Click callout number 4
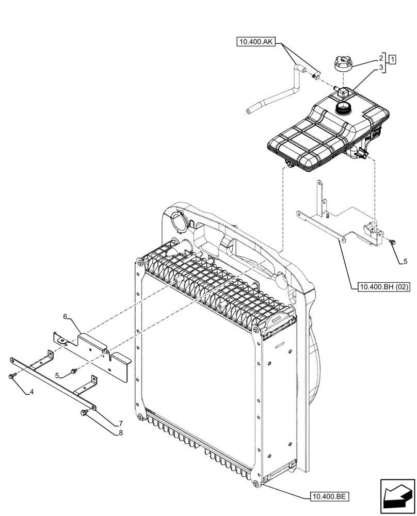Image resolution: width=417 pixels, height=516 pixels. (x=32, y=392)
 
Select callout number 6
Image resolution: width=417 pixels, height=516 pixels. (x=66, y=316)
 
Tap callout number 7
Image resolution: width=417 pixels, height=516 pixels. (x=120, y=423)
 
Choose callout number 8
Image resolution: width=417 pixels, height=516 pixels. (x=120, y=432)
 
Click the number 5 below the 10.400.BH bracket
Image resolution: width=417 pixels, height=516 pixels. (x=405, y=262)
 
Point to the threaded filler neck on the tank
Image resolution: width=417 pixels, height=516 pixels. (x=343, y=108)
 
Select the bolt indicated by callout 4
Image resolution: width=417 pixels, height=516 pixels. (x=11, y=377)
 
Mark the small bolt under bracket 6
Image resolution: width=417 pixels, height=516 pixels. (x=74, y=370)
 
